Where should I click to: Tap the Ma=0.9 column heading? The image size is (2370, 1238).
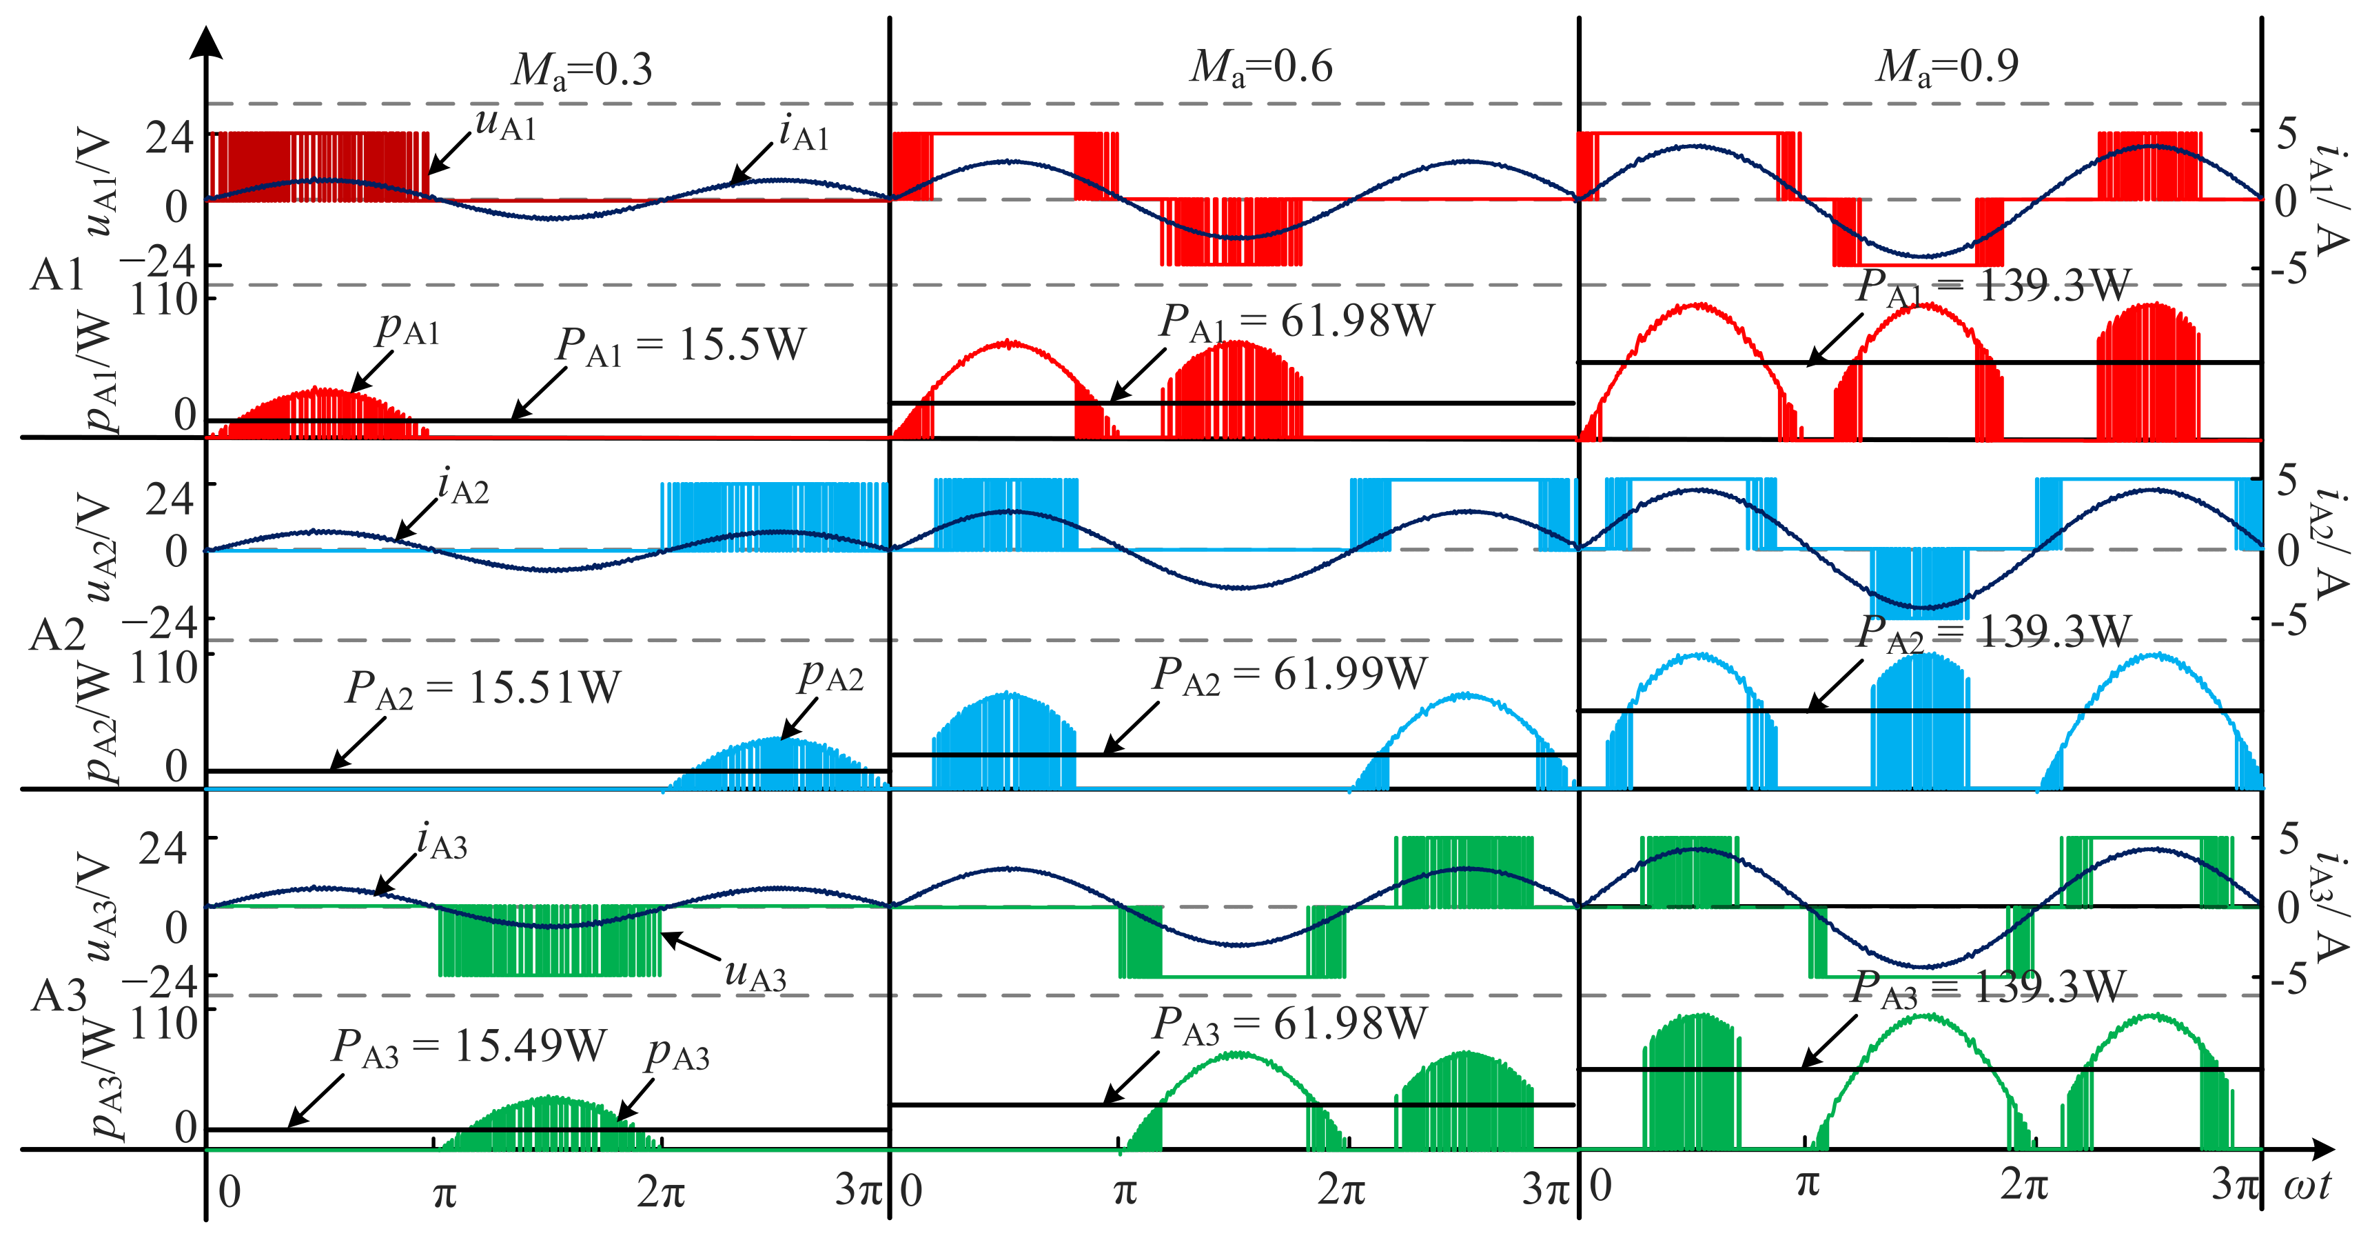coord(1947,66)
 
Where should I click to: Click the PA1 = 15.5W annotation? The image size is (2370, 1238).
coord(681,346)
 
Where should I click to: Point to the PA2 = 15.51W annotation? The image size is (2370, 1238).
coord(483,688)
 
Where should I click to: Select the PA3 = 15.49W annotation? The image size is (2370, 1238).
coord(469,1046)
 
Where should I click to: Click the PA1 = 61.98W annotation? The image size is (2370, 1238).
coord(1296,322)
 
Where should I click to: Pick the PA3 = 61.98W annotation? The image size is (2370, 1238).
coord(1290,1024)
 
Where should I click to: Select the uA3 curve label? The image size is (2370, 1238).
coord(755,974)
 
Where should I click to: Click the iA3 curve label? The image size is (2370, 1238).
coord(442,842)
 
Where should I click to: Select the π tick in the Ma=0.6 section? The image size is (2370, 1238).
coord(1124,1191)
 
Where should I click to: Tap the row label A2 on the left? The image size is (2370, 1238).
coord(57,635)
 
